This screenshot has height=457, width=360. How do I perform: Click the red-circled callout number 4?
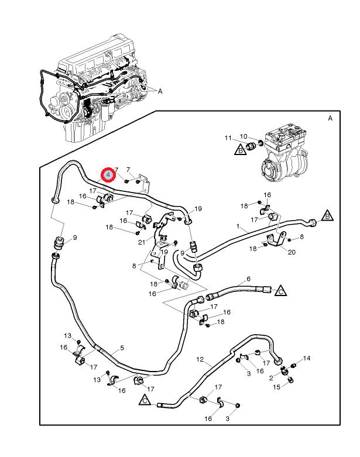pyautogui.click(x=108, y=174)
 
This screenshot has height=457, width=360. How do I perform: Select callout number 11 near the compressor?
pyautogui.click(x=229, y=138)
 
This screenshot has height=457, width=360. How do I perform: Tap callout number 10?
pyautogui.click(x=244, y=136)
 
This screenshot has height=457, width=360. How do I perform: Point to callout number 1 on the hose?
pyautogui.click(x=238, y=226)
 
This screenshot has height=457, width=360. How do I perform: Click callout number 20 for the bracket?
pyautogui.click(x=291, y=252)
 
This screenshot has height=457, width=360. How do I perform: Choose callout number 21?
pyautogui.click(x=141, y=242)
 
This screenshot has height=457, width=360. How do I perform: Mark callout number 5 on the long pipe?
pyautogui.click(x=122, y=348)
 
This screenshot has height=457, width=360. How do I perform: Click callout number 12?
pyautogui.click(x=200, y=359)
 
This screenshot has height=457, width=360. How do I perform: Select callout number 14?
pyautogui.click(x=307, y=358)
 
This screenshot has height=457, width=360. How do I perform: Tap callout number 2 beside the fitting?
pyautogui.click(x=271, y=378)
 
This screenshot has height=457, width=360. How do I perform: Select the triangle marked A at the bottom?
pyautogui.click(x=145, y=401)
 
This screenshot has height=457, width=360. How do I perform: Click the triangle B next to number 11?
pyautogui.click(x=240, y=151)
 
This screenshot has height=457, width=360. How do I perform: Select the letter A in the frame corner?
pyautogui.click(x=330, y=118)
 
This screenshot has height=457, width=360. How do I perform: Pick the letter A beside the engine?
pyautogui.click(x=160, y=91)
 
